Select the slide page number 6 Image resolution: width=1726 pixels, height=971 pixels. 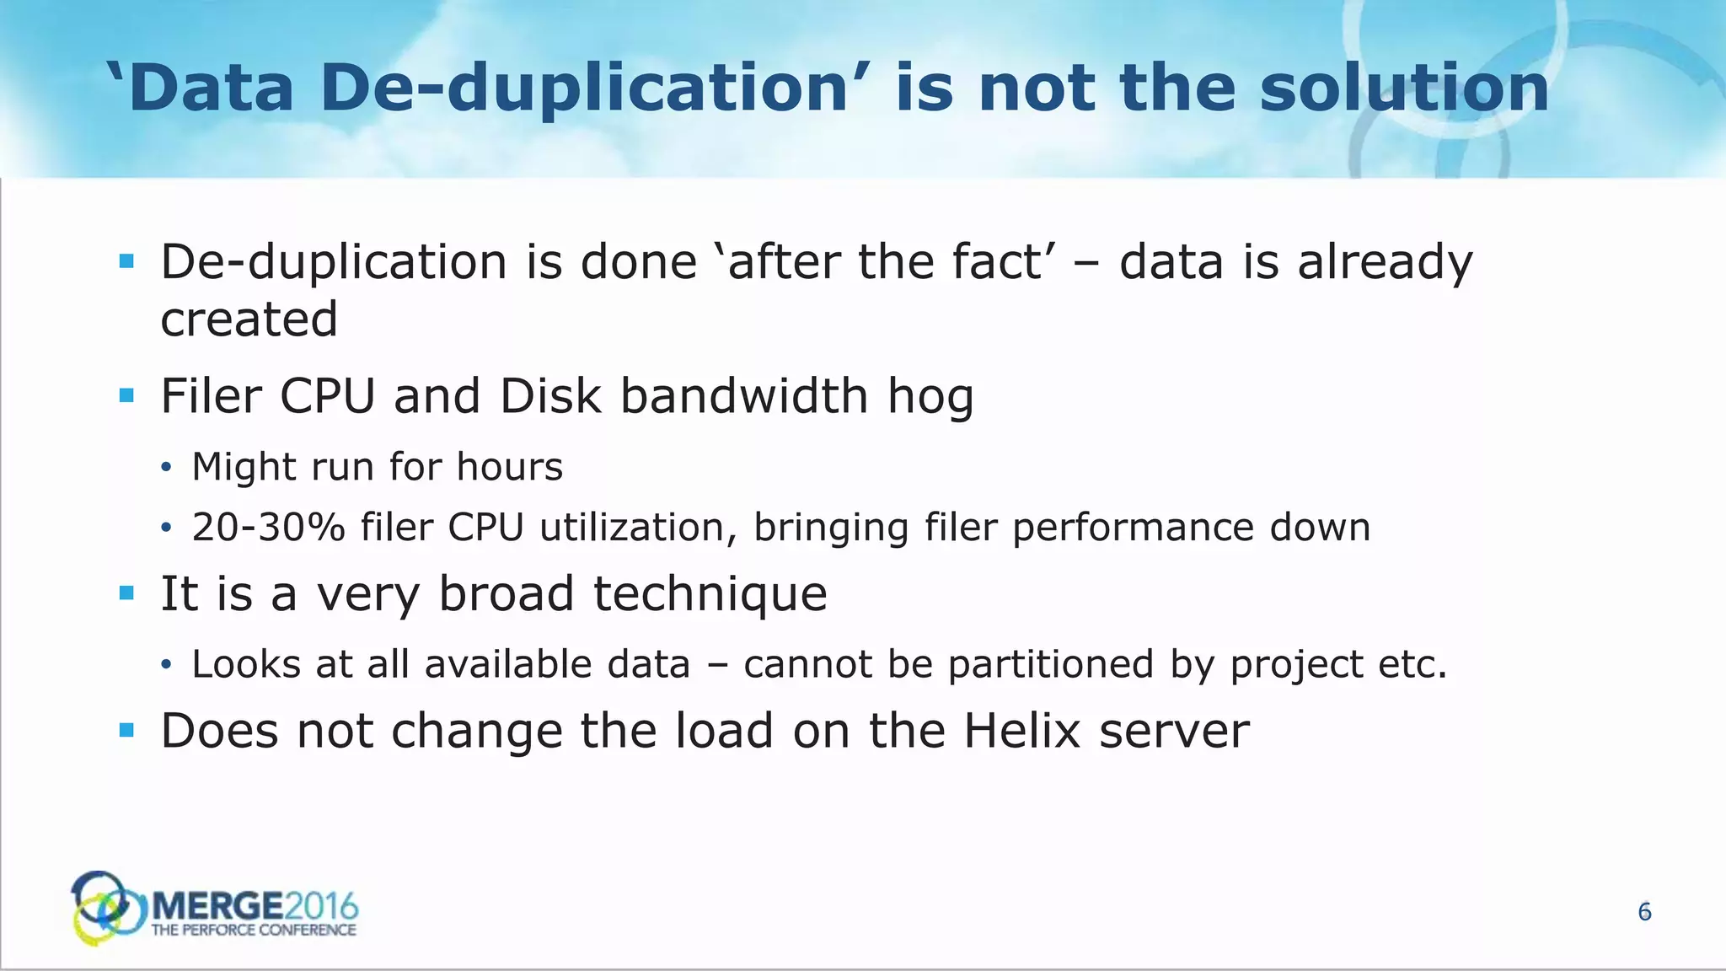click(x=1644, y=912)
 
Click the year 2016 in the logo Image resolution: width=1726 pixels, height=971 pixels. click(x=321, y=907)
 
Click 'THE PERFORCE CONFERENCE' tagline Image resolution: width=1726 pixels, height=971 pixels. click(x=254, y=931)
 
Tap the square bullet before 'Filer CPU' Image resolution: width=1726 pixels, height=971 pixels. click(x=127, y=395)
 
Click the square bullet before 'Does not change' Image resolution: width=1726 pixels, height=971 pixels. click(x=127, y=730)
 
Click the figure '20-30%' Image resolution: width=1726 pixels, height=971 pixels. click(x=268, y=528)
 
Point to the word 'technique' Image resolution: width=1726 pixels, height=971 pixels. click(x=710, y=593)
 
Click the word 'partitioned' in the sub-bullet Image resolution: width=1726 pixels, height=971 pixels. click(x=1050, y=664)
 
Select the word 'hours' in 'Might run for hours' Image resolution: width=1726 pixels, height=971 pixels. click(x=509, y=467)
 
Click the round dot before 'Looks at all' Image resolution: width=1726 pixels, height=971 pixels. click(x=166, y=666)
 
